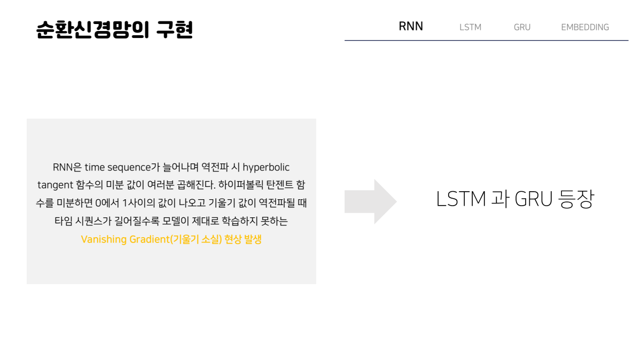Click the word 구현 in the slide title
click(174, 29)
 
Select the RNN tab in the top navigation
click(411, 27)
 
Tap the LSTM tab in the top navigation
click(470, 27)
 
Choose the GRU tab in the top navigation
click(522, 27)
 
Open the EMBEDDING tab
click(585, 27)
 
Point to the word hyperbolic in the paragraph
click(266, 167)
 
